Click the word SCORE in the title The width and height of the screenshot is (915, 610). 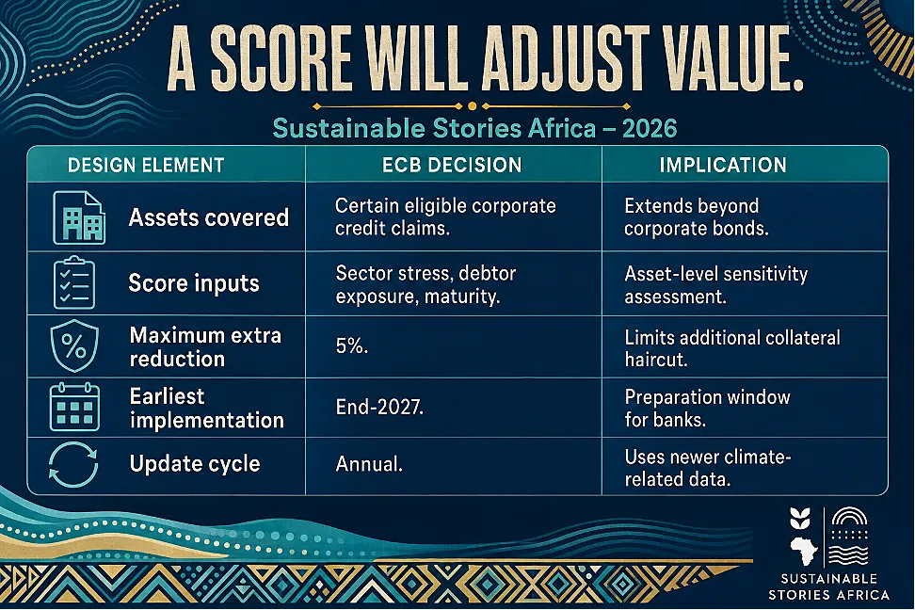(x=281, y=58)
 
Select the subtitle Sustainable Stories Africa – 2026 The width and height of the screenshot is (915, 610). (x=474, y=128)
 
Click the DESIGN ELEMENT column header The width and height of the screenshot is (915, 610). (x=146, y=165)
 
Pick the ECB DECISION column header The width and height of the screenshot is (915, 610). (x=452, y=165)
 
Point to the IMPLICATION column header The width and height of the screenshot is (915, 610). (x=723, y=165)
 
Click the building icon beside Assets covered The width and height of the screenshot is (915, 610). (x=79, y=217)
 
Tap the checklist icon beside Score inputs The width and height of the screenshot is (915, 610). (x=74, y=283)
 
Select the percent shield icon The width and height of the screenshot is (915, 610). (x=74, y=345)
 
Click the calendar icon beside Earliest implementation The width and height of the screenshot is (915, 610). (x=74, y=407)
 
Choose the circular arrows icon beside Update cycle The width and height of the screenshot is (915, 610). (x=73, y=465)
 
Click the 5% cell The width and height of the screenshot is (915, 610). (x=351, y=346)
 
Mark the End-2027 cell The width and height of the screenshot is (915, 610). (x=379, y=407)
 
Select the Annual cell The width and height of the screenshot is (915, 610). (x=369, y=464)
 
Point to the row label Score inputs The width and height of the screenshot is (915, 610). (x=194, y=283)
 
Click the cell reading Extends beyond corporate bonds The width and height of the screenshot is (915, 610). (x=697, y=217)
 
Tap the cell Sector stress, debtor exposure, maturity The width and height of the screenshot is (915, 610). (x=426, y=284)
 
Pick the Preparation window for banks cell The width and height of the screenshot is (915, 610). (x=707, y=408)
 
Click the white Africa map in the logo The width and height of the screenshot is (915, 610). (x=804, y=551)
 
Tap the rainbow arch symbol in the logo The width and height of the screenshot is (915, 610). (x=850, y=517)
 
